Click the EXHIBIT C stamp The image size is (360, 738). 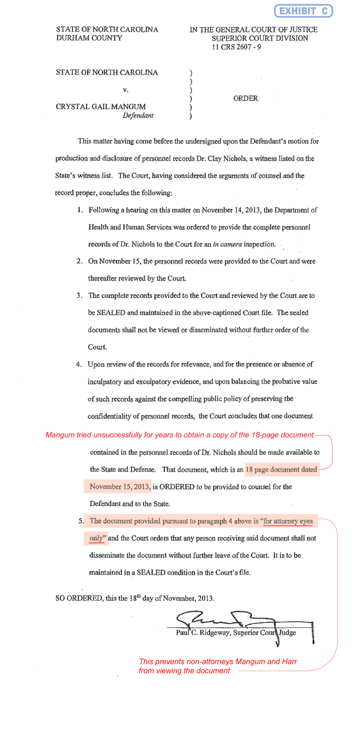(x=303, y=11)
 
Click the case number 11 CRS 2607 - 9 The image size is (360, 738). (x=236, y=47)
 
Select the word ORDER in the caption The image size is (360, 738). (x=246, y=98)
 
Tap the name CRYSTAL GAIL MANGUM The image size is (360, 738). (x=101, y=107)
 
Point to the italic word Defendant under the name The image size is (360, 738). (x=138, y=116)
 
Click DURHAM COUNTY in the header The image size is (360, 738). (x=89, y=38)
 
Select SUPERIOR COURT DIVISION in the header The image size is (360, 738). (x=260, y=38)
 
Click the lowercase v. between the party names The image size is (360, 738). (x=125, y=90)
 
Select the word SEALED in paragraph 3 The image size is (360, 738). (x=111, y=313)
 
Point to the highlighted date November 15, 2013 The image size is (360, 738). (x=120, y=487)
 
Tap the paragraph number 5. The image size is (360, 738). (x=81, y=521)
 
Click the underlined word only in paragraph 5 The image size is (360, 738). (x=96, y=539)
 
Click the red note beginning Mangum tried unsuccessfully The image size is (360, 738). (x=180, y=435)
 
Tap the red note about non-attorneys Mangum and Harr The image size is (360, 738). (x=218, y=666)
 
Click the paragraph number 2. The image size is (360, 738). (x=80, y=261)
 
